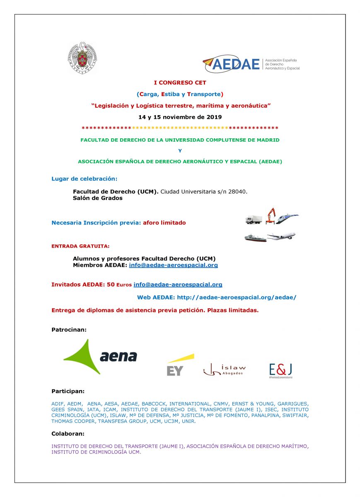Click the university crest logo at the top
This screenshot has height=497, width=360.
[x=82, y=58]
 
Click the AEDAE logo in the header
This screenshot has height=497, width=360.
[x=251, y=64]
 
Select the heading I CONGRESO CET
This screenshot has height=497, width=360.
[x=180, y=83]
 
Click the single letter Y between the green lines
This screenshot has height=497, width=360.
[x=180, y=151]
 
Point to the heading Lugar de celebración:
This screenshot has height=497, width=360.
[x=85, y=179]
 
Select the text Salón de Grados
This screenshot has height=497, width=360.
[x=98, y=198]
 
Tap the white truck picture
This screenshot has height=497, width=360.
[x=254, y=220]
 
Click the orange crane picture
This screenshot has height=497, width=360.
[x=271, y=215]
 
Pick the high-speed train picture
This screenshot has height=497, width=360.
[x=287, y=218]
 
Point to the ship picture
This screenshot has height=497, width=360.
[x=255, y=238]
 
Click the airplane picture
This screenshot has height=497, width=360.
[x=282, y=236]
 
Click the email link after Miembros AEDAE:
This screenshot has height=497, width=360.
[x=173, y=265]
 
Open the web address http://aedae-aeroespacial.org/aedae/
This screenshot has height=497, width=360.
[x=237, y=297]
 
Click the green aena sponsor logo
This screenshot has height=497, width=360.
[x=100, y=356]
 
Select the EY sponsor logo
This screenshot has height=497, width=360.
[x=179, y=365]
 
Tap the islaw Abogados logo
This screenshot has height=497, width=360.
[x=225, y=369]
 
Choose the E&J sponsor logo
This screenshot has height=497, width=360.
[x=281, y=369]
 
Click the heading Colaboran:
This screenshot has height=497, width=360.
[x=68, y=434]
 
